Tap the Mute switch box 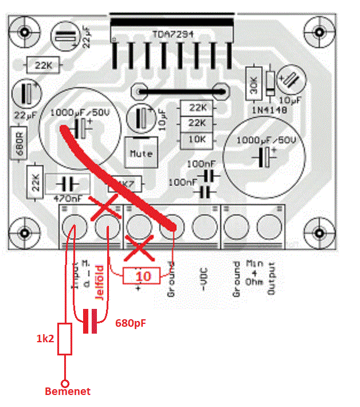click(141, 152)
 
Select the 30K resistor click(253, 84)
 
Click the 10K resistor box click(197, 139)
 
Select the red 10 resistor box click(143, 276)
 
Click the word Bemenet click(67, 392)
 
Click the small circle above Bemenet click(66, 382)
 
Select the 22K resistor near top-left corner click(43, 66)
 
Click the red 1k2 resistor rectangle click(66, 339)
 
